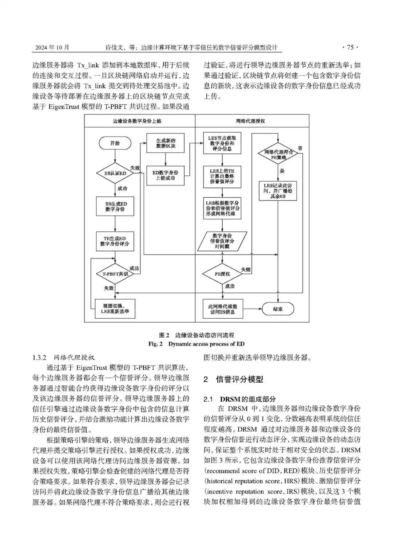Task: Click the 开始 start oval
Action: tap(115, 143)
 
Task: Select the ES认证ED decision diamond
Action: tap(115, 173)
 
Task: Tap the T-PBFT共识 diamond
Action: tap(115, 274)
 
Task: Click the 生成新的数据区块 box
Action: tap(165, 143)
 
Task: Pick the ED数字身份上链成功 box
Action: tap(165, 176)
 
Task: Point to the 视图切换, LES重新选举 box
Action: tap(115, 309)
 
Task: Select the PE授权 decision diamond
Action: tap(222, 274)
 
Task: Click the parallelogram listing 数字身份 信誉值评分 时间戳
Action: tap(222, 241)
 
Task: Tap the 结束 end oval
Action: tap(278, 309)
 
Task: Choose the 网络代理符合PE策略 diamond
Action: tap(278, 154)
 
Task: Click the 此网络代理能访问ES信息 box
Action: tap(222, 309)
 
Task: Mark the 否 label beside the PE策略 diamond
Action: tap(300, 148)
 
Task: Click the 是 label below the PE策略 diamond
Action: tap(282, 171)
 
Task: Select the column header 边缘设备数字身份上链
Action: tap(137, 121)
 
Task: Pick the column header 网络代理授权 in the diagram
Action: tap(250, 121)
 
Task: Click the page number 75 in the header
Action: tap(350, 47)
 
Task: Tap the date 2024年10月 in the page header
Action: tap(52, 47)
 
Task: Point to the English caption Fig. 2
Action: tap(155, 344)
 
